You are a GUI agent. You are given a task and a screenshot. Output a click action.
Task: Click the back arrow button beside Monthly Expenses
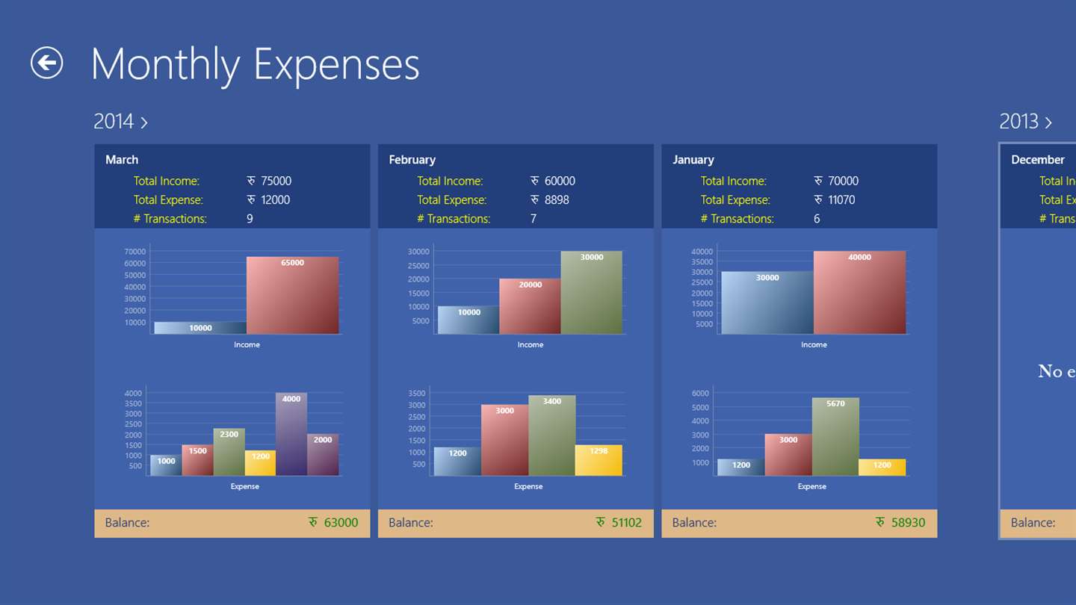[x=46, y=63]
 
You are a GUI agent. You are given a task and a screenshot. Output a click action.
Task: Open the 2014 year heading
[x=120, y=122]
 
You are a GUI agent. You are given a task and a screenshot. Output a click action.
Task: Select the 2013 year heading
[x=1025, y=122]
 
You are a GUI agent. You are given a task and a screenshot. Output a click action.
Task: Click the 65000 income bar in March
[x=292, y=296]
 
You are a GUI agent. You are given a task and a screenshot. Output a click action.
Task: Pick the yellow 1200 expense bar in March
[x=260, y=463]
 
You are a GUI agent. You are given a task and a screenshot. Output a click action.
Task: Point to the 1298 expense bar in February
[x=599, y=460]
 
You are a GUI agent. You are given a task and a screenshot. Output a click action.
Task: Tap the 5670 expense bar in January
[x=835, y=437]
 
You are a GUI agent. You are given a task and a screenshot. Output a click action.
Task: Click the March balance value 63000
[x=341, y=523]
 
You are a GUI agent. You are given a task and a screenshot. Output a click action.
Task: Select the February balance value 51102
[x=626, y=523]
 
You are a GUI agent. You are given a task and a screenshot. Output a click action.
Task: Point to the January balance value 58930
[x=908, y=523]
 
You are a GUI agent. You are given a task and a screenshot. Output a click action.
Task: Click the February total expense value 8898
[x=557, y=200]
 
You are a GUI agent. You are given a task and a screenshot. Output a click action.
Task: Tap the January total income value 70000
[x=843, y=181]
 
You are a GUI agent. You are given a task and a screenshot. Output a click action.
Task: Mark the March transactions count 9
[x=250, y=219]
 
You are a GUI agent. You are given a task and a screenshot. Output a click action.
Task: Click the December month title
[x=1037, y=160]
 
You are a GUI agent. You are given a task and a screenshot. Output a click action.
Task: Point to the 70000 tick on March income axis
[x=135, y=252]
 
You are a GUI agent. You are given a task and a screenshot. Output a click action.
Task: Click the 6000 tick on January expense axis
[x=700, y=394]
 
